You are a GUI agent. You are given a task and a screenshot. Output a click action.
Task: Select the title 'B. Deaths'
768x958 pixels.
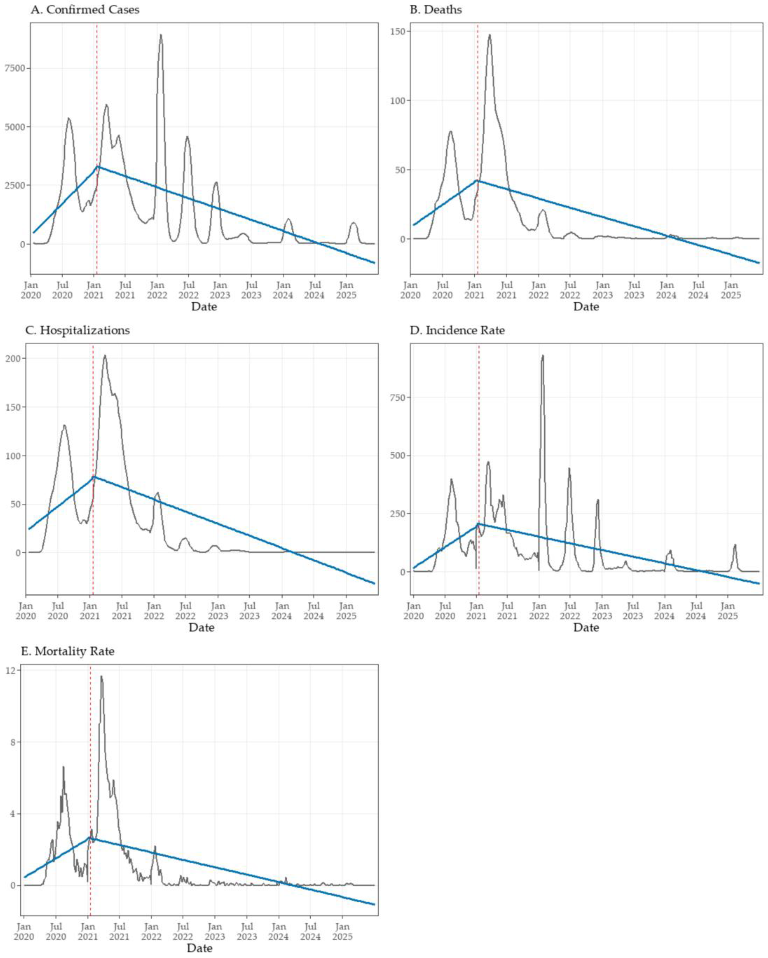pyautogui.click(x=435, y=10)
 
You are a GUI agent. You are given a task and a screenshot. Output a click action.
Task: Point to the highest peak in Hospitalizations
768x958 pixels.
pyautogui.click(x=105, y=355)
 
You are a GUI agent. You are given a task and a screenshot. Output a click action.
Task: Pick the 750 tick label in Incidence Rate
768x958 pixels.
pyautogui.click(x=398, y=397)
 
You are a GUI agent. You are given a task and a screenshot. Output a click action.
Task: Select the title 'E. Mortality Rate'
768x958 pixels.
pyautogui.click(x=67, y=651)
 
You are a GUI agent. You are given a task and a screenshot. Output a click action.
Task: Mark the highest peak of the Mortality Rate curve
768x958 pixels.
pyautogui.click(x=101, y=677)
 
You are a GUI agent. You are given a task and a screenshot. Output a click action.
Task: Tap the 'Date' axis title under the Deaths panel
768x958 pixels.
pyautogui.click(x=586, y=307)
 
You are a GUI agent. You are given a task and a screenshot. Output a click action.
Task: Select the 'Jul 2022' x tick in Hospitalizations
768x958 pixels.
pyautogui.click(x=185, y=611)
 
